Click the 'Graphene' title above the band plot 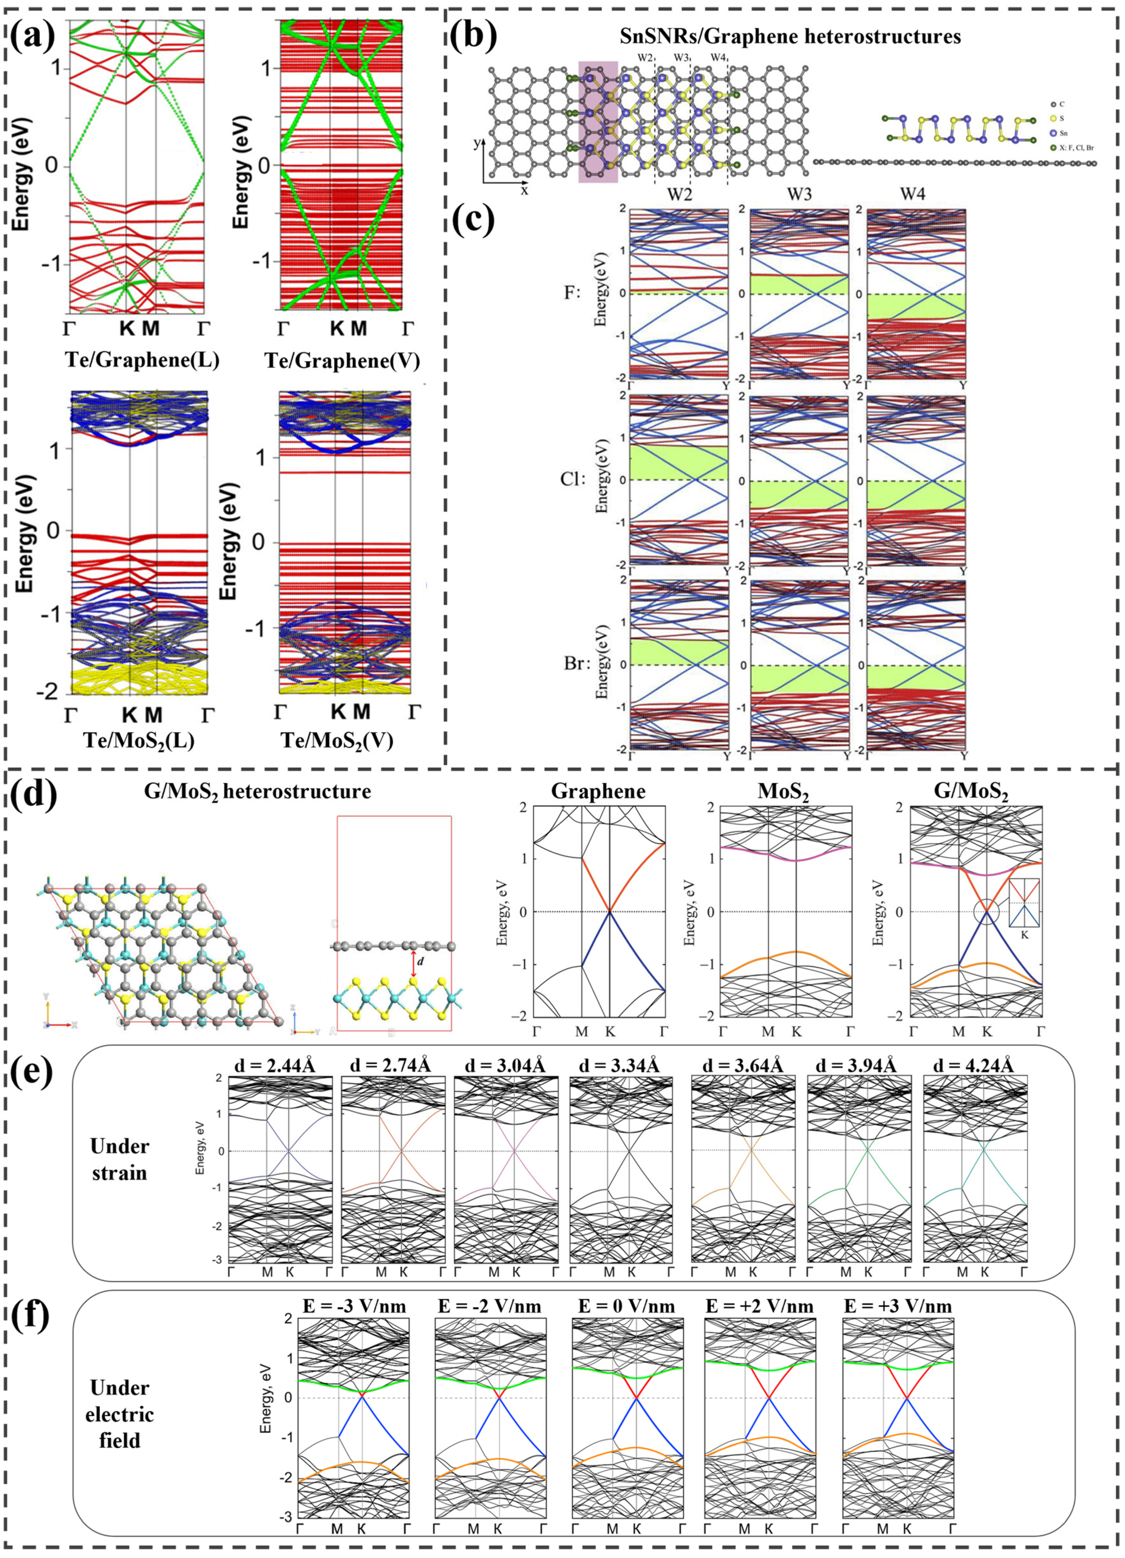(598, 792)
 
